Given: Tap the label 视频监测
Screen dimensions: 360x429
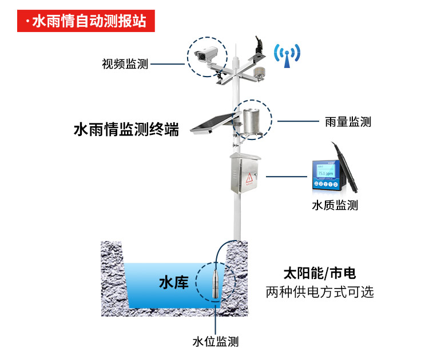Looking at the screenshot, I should tap(125, 64).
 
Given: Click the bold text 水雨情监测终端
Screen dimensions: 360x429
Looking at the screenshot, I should tap(126, 130).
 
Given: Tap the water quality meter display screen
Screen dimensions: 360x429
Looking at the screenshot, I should tap(325, 172).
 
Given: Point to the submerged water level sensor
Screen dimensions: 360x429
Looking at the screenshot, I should tap(214, 283).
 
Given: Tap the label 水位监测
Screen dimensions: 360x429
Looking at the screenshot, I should tap(215, 342).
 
